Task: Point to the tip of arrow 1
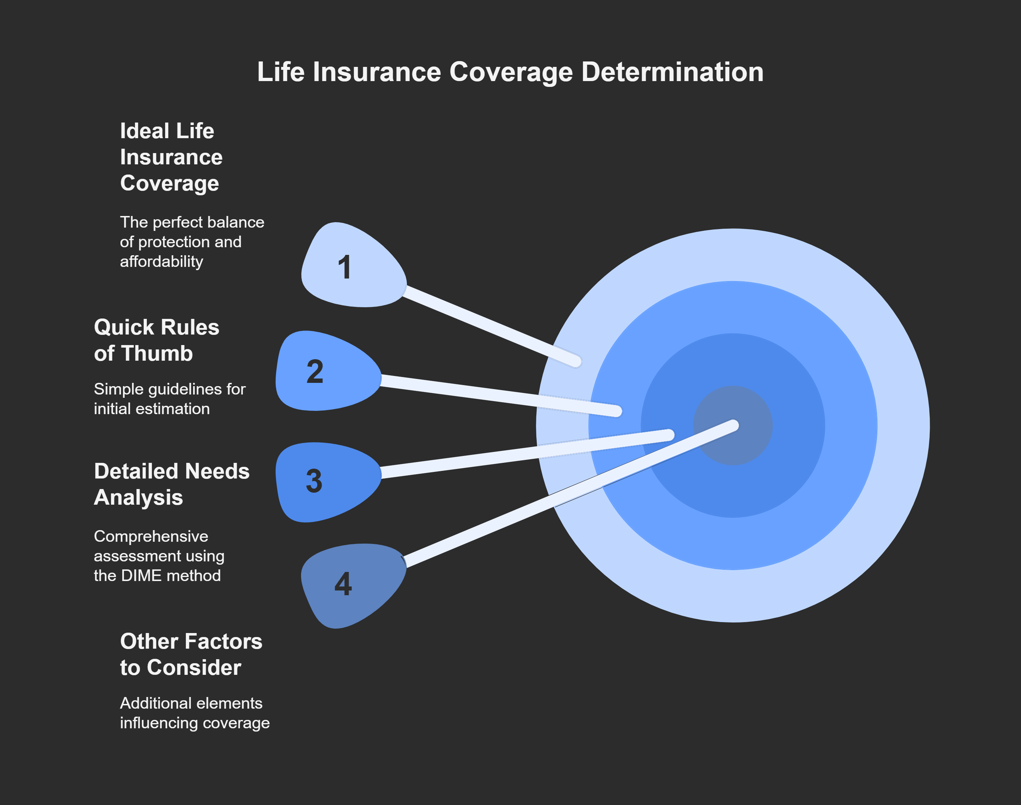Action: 576,361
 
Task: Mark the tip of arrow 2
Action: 617,412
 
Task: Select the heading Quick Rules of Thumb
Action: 156,340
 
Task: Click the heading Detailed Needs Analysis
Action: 171,484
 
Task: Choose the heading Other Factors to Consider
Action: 191,654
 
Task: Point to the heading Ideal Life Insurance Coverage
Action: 171,157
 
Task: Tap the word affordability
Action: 161,261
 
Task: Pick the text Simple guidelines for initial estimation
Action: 169,399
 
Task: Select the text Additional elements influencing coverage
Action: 194,713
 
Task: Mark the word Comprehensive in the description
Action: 151,536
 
